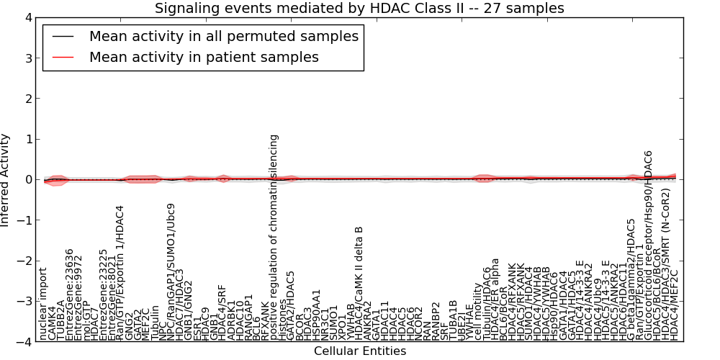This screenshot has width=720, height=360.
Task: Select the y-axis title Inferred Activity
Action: coord(6,180)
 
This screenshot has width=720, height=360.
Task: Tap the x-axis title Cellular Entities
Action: coord(360,351)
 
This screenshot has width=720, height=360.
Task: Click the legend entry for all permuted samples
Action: coord(223,36)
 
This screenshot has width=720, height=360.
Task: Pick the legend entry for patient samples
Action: coord(204,57)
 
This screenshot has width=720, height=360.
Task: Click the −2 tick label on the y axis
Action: coord(25,261)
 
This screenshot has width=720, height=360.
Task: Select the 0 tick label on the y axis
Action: coord(28,180)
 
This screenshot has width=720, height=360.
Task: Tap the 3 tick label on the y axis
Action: coord(28,58)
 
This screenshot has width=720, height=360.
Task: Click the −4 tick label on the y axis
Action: coord(25,343)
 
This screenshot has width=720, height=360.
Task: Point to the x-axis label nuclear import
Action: coord(43,304)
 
